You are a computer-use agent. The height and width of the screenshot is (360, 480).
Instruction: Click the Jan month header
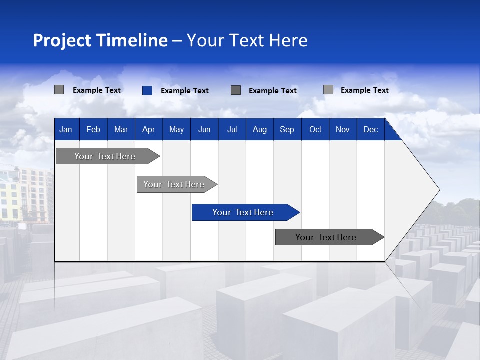pyautogui.click(x=66, y=130)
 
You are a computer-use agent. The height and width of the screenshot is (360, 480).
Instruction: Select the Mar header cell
pyautogui.click(x=121, y=130)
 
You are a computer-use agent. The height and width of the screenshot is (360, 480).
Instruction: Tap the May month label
pyautogui.click(x=176, y=130)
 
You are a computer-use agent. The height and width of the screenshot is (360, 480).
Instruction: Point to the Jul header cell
pyautogui.click(x=232, y=130)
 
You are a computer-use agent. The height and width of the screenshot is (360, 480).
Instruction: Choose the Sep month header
pyautogui.click(x=287, y=130)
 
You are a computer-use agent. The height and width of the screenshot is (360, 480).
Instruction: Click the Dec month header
pyautogui.click(x=370, y=130)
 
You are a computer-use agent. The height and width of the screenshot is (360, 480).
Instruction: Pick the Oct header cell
pyautogui.click(x=315, y=130)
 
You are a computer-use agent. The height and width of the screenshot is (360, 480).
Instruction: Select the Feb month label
pyautogui.click(x=93, y=130)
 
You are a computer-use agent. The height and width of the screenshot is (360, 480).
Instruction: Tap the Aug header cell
pyautogui.click(x=259, y=130)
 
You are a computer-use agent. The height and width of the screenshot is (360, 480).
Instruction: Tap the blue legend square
pyautogui.click(x=147, y=90)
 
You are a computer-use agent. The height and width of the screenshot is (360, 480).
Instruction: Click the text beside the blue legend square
pyautogui.click(x=184, y=91)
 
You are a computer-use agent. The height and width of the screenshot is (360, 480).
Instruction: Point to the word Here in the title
pyautogui.click(x=288, y=40)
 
